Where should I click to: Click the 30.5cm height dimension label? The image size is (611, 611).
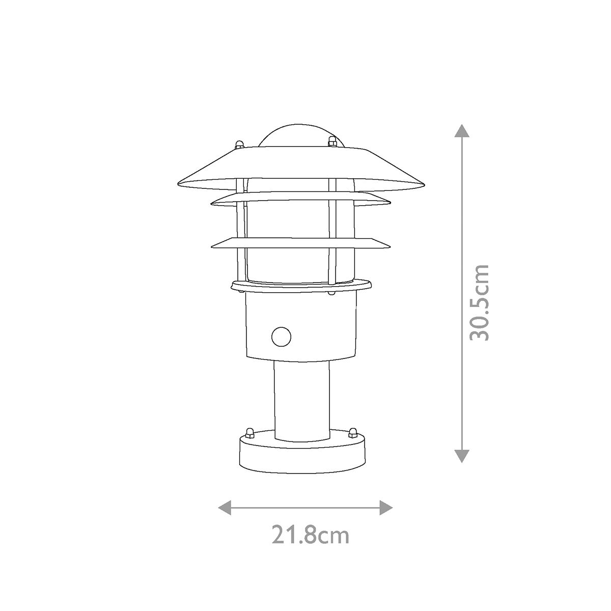(x=480, y=302)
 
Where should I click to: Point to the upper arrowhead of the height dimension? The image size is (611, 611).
(x=461, y=130)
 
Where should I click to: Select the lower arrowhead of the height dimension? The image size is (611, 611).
(x=461, y=456)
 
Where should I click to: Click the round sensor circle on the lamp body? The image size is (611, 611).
(x=281, y=337)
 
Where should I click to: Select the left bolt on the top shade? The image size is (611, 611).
(x=239, y=145)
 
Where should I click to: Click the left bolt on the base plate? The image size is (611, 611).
(x=249, y=433)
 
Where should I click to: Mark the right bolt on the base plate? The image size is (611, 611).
(x=352, y=433)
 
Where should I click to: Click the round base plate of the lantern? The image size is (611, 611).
(x=302, y=456)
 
